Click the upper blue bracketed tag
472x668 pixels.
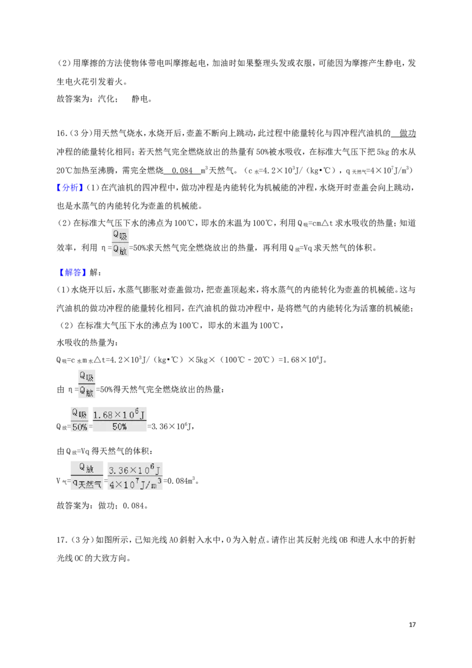(70, 187)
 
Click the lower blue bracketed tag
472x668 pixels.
(73, 272)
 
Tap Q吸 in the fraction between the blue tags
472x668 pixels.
(120, 235)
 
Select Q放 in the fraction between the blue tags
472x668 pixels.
(120, 250)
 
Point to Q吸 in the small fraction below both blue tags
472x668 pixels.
(87, 376)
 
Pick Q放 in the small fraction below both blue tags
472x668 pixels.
(87, 392)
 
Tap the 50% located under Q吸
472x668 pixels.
(79, 427)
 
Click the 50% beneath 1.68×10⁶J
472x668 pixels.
(119, 427)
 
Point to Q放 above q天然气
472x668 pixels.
(86, 469)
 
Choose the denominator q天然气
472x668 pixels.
(86, 484)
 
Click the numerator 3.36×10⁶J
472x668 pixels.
(135, 470)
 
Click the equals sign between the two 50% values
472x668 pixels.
(90, 427)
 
